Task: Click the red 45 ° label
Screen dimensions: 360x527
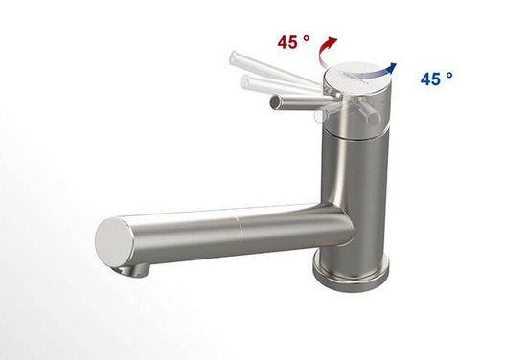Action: [293, 43]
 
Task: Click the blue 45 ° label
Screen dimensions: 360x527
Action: [436, 79]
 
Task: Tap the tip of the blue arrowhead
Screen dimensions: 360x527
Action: [396, 64]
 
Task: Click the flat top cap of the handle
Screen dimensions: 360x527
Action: [357, 77]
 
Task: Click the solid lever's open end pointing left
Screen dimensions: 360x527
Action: [276, 101]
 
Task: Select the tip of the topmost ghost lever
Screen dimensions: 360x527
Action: [235, 60]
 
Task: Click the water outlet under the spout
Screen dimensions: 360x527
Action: [136, 270]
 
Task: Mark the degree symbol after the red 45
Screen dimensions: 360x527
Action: [308, 38]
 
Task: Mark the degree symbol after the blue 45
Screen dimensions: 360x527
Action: [450, 74]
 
